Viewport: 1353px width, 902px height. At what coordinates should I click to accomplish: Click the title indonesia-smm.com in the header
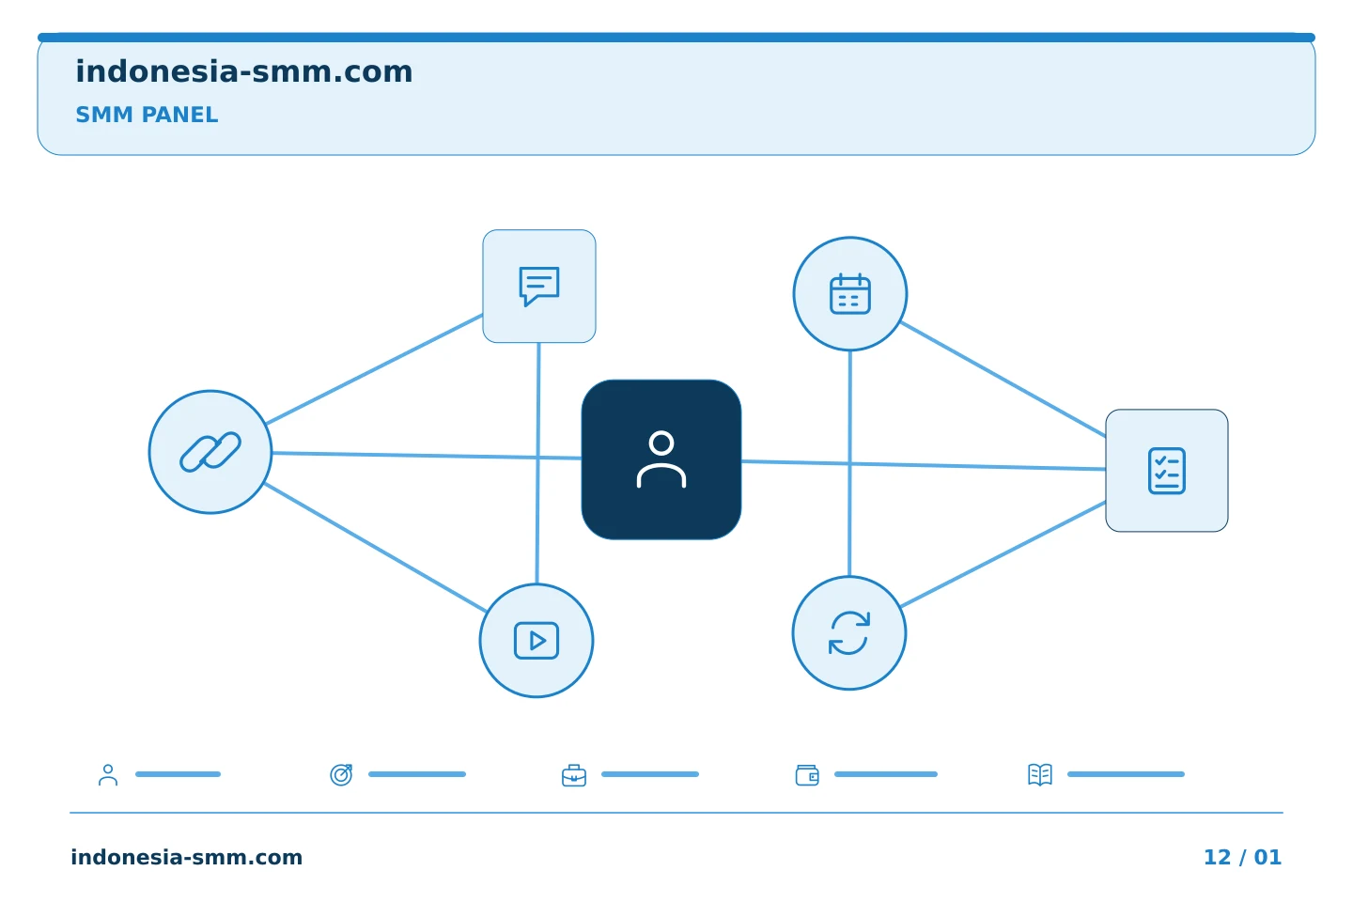pos(244,72)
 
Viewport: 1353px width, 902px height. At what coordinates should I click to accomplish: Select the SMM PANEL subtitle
pos(147,115)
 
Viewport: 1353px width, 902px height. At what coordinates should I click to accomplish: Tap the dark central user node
pos(661,459)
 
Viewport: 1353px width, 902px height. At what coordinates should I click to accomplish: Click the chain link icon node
pos(210,452)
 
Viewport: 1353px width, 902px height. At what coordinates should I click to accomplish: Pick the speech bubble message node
pos(538,286)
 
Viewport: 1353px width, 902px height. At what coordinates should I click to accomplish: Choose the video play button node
pos(537,641)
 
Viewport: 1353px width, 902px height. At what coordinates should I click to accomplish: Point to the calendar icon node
pos(849,293)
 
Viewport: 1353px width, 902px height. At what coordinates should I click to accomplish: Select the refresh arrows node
pos(849,633)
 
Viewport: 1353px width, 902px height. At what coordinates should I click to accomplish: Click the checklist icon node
pos(1166,471)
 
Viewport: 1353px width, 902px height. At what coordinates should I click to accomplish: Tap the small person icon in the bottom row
pos(108,774)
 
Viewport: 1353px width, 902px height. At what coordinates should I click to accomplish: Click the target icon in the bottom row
pos(341,774)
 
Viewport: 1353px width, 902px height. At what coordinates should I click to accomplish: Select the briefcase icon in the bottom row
pos(574,775)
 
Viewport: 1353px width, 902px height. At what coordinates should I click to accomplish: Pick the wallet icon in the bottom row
pos(807,775)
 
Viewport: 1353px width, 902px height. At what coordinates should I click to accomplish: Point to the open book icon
pos(1040,774)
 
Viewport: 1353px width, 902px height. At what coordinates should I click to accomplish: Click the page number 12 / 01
pos(1242,857)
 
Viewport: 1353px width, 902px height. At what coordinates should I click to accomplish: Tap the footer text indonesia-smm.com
pos(187,857)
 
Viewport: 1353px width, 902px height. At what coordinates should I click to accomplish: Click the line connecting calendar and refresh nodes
pos(849,463)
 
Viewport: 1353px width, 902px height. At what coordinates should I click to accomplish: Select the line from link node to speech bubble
pos(375,368)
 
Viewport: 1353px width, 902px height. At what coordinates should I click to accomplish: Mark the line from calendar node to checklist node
pos(1003,380)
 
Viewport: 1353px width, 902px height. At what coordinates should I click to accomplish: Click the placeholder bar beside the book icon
pos(1126,774)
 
